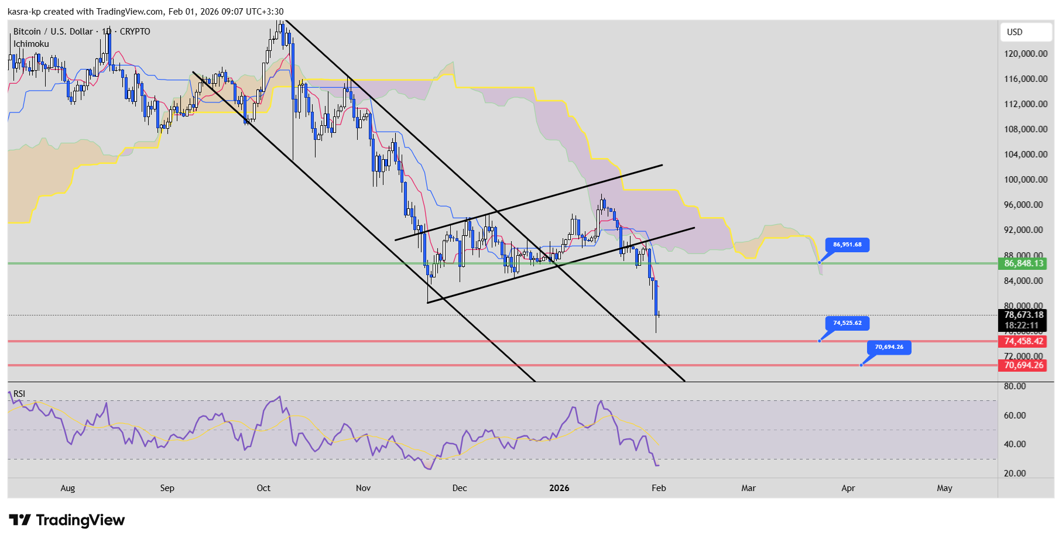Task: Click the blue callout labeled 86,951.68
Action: coord(847,245)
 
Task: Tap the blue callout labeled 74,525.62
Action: coord(847,323)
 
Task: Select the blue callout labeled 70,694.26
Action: coord(889,347)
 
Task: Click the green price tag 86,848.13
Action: coord(1023,263)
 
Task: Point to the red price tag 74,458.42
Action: coord(1023,341)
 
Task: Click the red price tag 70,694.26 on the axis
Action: coord(1023,365)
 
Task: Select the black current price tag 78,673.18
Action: coord(1023,315)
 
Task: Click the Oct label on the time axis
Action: coord(263,488)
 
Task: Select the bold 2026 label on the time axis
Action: coord(559,488)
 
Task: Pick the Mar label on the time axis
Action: coord(748,488)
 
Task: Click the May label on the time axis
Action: coord(944,488)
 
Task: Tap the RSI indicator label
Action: coord(19,394)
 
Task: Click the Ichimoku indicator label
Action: coord(31,44)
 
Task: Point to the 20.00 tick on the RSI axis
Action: coord(1015,474)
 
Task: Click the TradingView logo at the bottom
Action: coord(67,520)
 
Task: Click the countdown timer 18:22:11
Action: coord(1022,325)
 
